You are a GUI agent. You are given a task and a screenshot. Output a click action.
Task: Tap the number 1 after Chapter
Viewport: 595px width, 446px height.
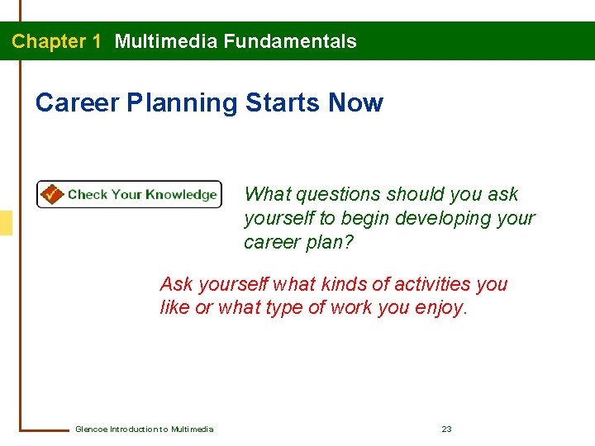pyautogui.click(x=97, y=41)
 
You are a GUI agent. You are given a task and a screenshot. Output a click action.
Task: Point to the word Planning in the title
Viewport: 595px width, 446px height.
pyautogui.click(x=184, y=103)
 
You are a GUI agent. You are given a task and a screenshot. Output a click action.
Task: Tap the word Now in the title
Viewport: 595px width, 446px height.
pyautogui.click(x=355, y=103)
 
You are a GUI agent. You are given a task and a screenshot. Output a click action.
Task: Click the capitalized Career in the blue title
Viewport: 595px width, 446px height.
pyautogui.click(x=78, y=103)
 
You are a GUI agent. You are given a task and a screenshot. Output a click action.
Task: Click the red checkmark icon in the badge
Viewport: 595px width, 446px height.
pyautogui.click(x=51, y=194)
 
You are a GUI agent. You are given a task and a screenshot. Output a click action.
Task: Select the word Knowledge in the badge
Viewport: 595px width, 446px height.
pyautogui.click(x=181, y=195)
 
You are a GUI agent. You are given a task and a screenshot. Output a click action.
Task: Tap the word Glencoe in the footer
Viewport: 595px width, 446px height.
pyautogui.click(x=90, y=429)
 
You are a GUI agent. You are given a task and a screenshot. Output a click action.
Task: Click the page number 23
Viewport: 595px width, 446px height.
pyautogui.click(x=446, y=429)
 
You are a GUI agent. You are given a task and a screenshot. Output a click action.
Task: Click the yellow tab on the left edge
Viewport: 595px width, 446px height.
pyautogui.click(x=6, y=223)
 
